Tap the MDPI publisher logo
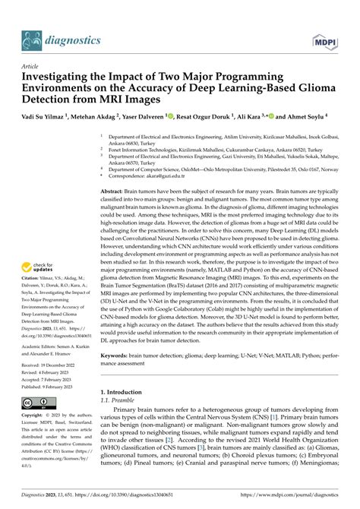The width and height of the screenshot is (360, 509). coord(324,18)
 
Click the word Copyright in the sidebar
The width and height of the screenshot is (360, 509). coord(36,417)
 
